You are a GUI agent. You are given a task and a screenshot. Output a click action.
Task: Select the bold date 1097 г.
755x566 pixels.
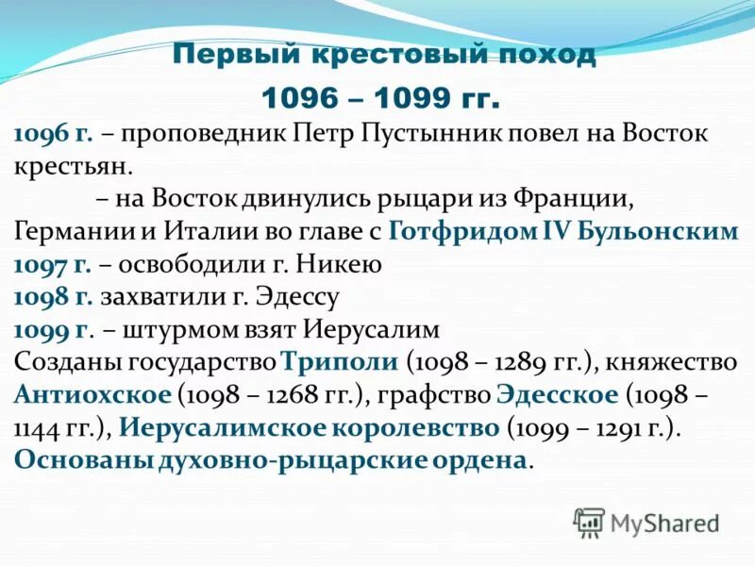pyautogui.click(x=53, y=265)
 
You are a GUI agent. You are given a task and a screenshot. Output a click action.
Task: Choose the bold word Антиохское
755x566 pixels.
pyautogui.click(x=92, y=395)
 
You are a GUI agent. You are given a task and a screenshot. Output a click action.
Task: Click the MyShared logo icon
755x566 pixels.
pyautogui.click(x=590, y=521)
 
